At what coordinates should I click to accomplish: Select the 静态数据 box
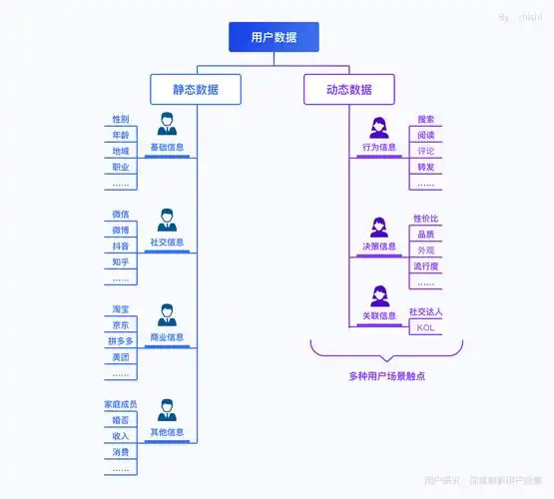(x=196, y=90)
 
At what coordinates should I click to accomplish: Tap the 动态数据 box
(x=348, y=90)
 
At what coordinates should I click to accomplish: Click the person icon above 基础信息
(x=167, y=126)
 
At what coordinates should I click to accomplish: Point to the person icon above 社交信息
(x=167, y=220)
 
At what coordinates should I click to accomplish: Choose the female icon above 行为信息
(x=379, y=127)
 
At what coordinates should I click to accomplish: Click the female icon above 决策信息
(x=379, y=227)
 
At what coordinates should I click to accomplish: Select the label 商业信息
(x=167, y=337)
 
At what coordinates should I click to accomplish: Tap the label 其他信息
(x=167, y=432)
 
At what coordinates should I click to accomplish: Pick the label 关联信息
(x=379, y=315)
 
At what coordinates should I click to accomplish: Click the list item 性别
(x=121, y=120)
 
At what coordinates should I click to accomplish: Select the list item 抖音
(x=121, y=247)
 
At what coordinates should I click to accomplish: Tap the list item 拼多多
(x=121, y=341)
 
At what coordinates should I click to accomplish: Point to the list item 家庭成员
(x=121, y=405)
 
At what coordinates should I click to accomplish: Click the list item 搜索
(x=426, y=120)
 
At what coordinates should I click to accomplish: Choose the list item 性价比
(x=426, y=219)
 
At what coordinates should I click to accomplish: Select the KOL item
(x=426, y=327)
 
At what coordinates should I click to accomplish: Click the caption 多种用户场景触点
(x=386, y=375)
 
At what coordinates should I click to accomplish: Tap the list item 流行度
(x=426, y=266)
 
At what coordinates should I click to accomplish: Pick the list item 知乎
(x=121, y=262)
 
